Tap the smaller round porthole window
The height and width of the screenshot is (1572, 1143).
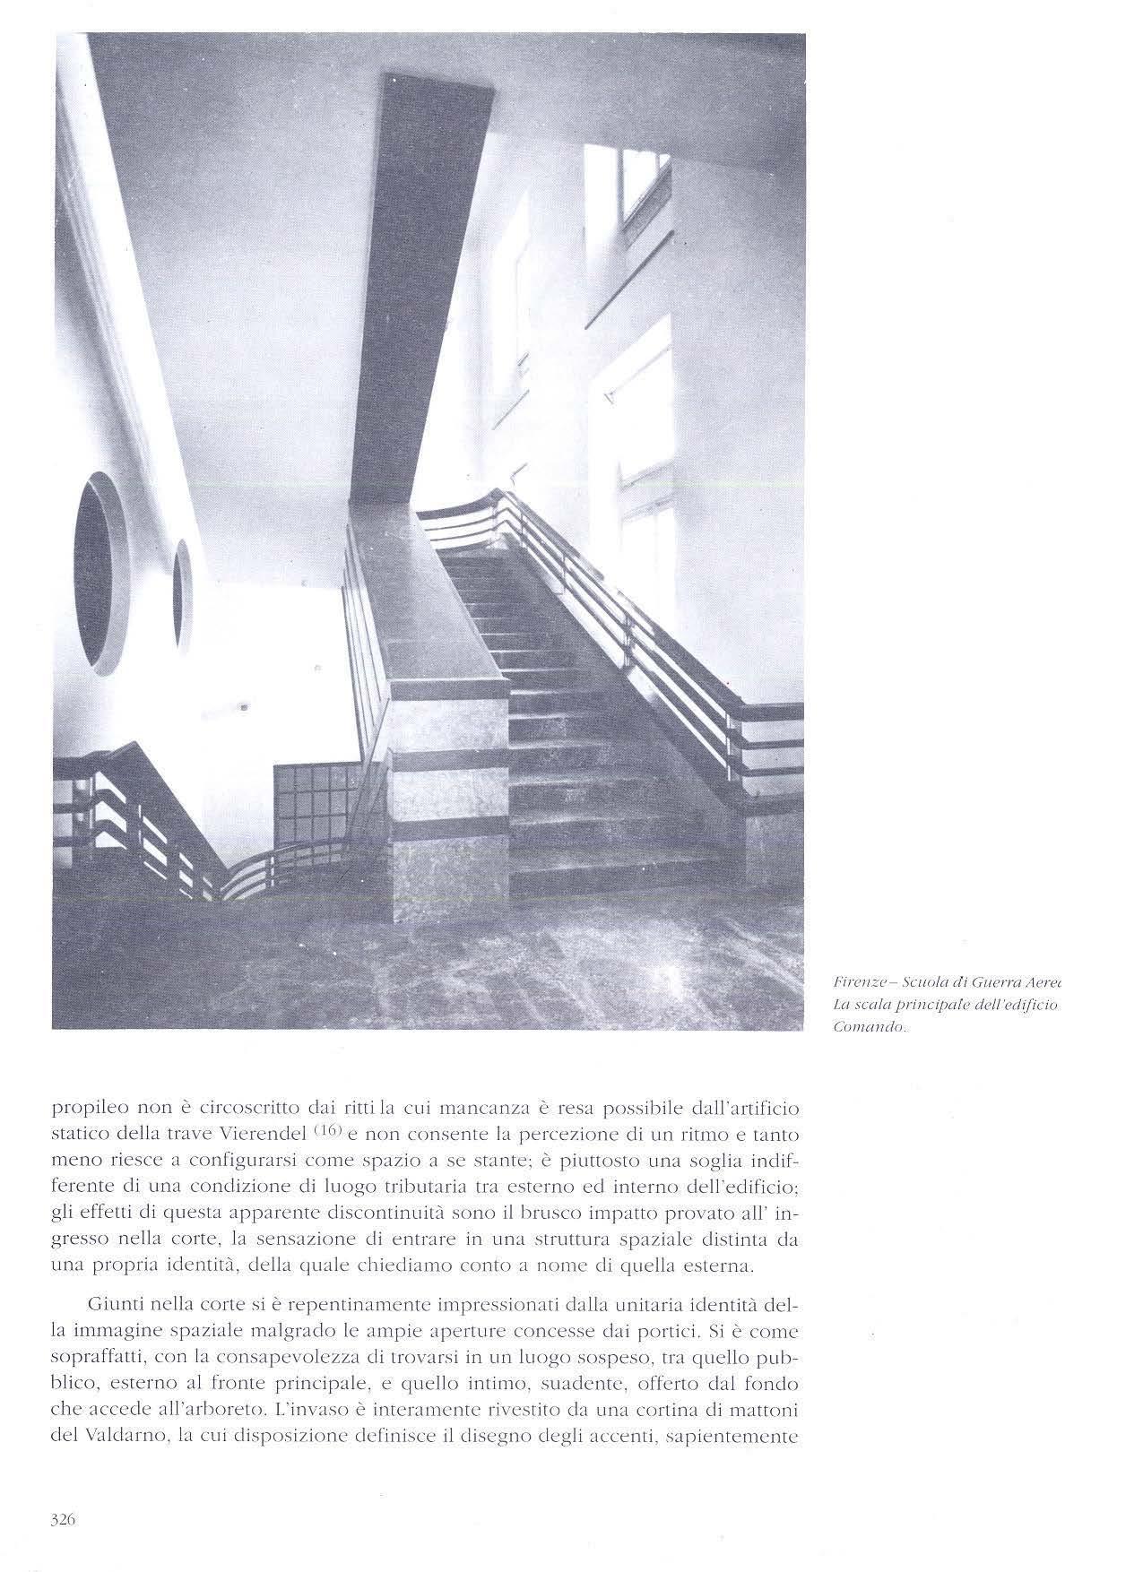183,593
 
